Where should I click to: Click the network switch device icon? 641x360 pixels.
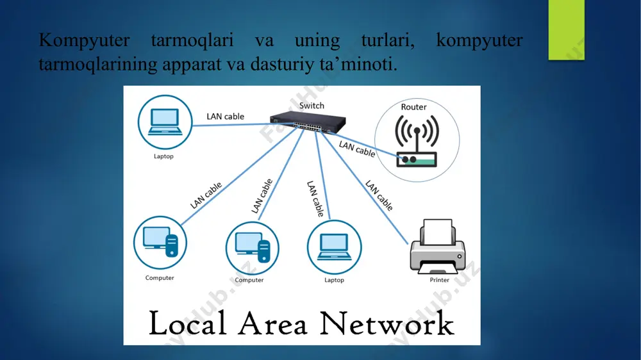pyautogui.click(x=308, y=122)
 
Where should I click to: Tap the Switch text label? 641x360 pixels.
pyautogui.click(x=312, y=106)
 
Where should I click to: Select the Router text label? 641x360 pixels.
pyautogui.click(x=413, y=107)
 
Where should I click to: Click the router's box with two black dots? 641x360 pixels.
pyautogui.click(x=417, y=160)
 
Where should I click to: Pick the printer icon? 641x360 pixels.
pyautogui.click(x=437, y=247)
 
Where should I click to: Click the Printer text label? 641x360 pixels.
pyautogui.click(x=440, y=280)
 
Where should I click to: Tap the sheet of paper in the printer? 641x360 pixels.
pyautogui.click(x=438, y=232)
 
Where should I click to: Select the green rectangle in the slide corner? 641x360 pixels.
pyautogui.click(x=566, y=30)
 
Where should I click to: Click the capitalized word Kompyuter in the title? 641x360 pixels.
pyautogui.click(x=84, y=41)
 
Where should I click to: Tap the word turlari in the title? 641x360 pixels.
pyautogui.click(x=388, y=40)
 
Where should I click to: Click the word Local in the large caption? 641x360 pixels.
pyautogui.click(x=188, y=323)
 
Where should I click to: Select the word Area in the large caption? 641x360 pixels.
pyautogui.click(x=272, y=323)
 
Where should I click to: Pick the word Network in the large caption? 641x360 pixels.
pyautogui.click(x=387, y=323)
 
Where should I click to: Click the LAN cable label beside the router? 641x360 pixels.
pyautogui.click(x=357, y=149)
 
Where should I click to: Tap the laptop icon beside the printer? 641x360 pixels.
pyautogui.click(x=335, y=247)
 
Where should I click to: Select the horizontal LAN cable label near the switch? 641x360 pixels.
pyautogui.click(x=225, y=117)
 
